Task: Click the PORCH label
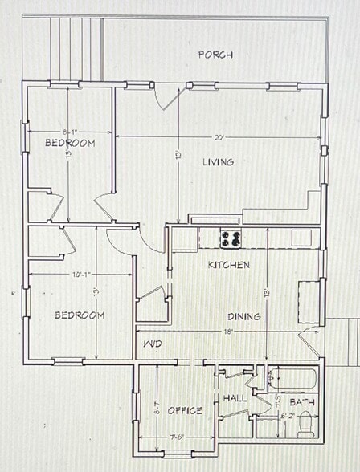215,55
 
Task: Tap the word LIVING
218,162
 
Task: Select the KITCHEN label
229,265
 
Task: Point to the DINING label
243,316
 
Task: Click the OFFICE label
185,410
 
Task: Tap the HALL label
235,397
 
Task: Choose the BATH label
301,402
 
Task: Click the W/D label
153,344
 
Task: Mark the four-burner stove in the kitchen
232,238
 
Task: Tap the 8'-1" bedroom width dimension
70,131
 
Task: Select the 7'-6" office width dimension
177,437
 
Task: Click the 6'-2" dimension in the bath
288,416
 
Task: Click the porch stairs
76,48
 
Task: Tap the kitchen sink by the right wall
301,238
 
